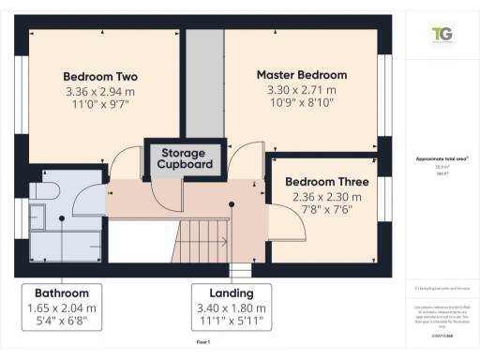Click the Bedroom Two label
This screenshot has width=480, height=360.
[100, 76]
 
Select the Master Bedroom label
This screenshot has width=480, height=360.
[302, 75]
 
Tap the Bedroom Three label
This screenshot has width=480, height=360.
[327, 181]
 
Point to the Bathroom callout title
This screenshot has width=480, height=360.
[62, 292]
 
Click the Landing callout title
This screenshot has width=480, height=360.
[232, 292]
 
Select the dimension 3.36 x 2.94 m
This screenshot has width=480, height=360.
[100, 92]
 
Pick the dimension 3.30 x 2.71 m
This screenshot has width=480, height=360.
[302, 90]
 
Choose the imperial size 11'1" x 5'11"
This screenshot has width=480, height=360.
[232, 322]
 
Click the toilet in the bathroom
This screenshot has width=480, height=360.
[44, 191]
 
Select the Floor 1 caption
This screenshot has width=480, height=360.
[202, 344]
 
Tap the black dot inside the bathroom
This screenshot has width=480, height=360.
[62, 217]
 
